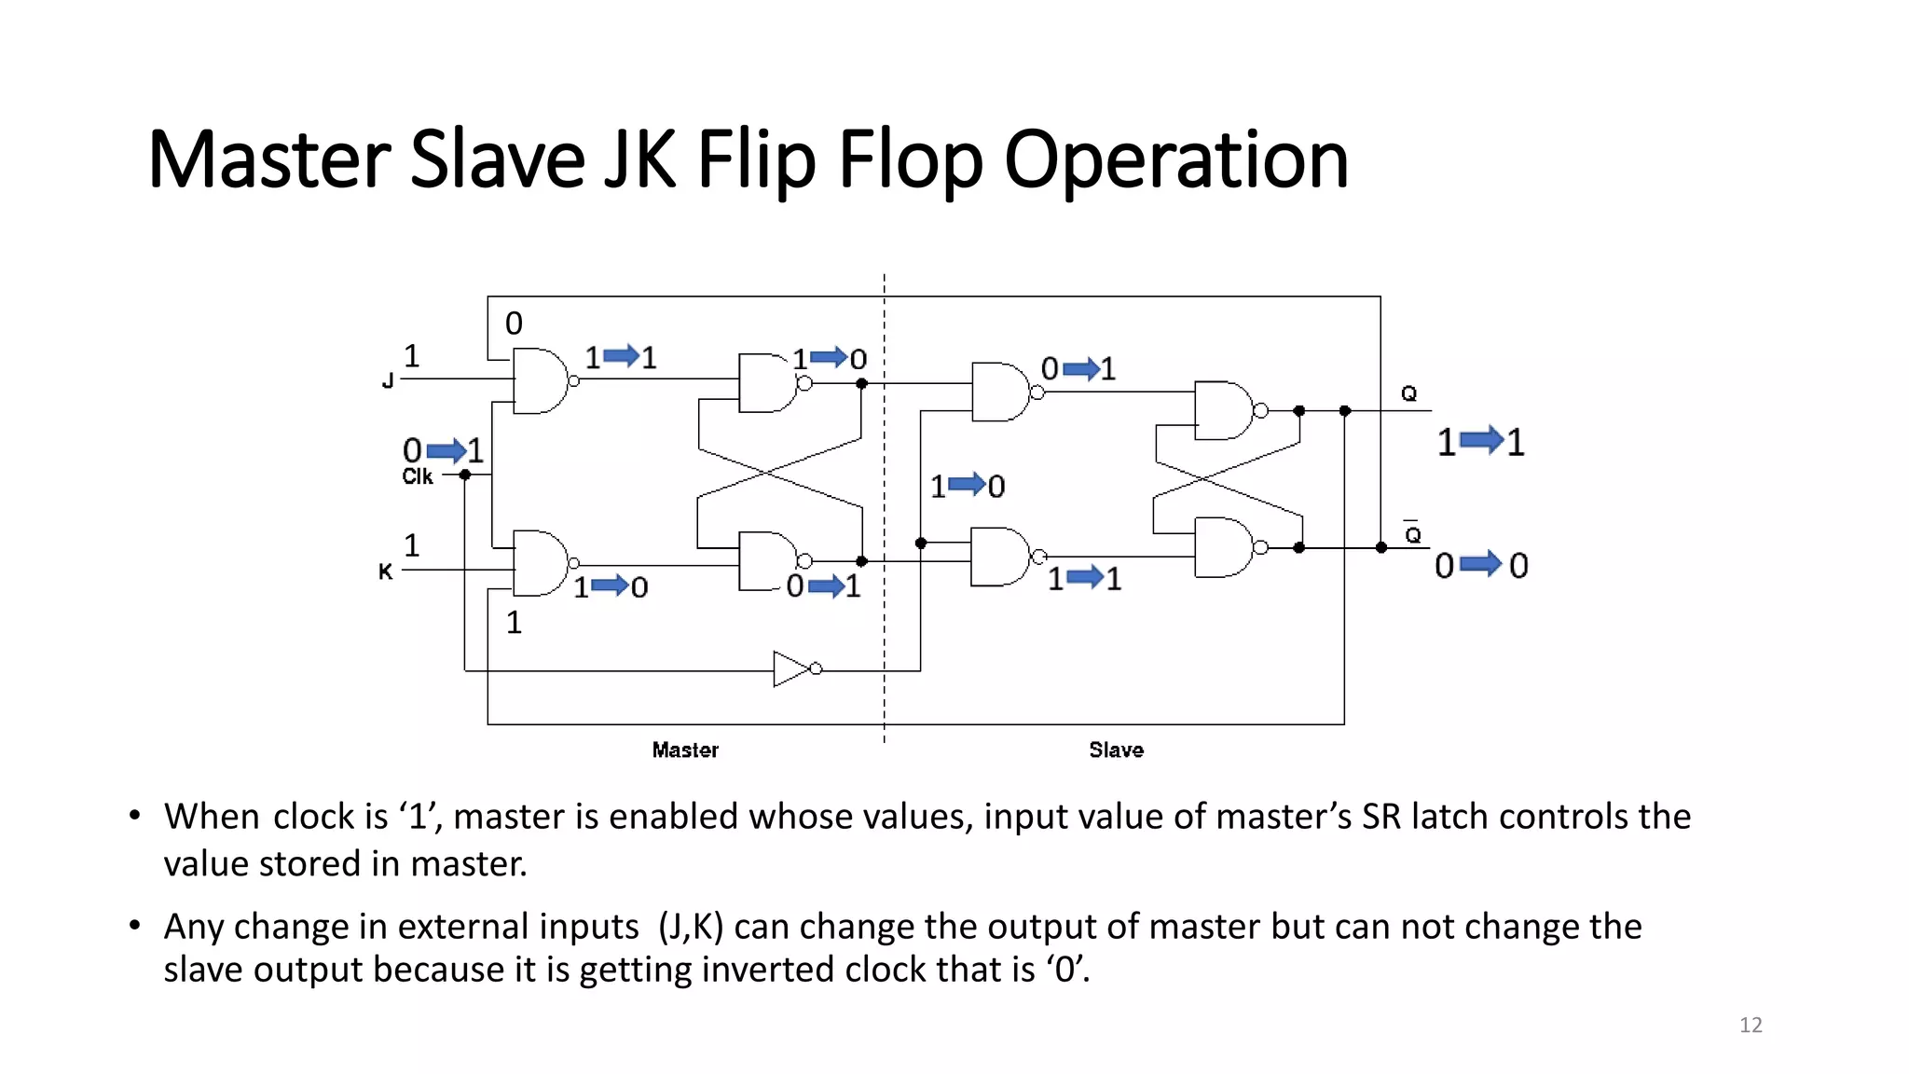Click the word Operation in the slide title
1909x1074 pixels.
coord(1175,160)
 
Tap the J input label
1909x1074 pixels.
coord(388,380)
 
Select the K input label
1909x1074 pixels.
coord(386,571)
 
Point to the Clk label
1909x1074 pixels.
coord(418,476)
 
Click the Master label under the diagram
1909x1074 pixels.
coord(685,750)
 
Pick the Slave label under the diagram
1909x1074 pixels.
coord(1116,750)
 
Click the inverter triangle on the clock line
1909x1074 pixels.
coord(792,668)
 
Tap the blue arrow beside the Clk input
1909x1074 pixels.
coord(446,451)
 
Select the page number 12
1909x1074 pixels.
coord(1751,1025)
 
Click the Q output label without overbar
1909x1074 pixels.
coord(1408,393)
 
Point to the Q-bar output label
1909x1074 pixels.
coord(1413,534)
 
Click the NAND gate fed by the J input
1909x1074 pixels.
coord(541,380)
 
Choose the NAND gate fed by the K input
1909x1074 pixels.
coord(541,563)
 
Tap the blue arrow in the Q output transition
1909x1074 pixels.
coord(1481,440)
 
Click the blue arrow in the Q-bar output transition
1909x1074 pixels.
coord(1480,564)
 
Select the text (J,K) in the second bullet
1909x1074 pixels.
coord(691,927)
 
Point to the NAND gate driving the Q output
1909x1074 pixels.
coord(1224,410)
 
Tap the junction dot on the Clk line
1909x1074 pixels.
coord(465,475)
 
